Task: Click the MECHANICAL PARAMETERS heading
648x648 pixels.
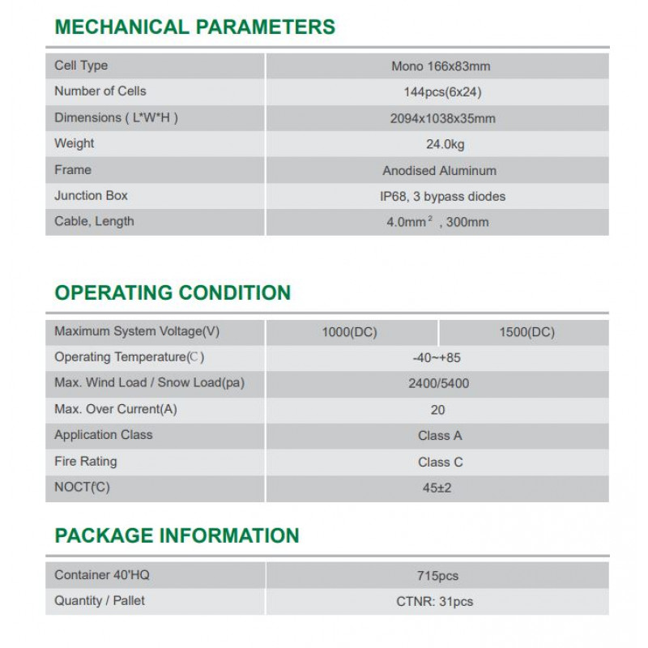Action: point(194,27)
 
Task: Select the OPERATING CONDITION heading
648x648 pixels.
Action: point(173,292)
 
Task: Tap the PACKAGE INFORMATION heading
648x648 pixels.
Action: point(177,535)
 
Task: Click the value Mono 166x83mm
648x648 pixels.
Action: point(441,66)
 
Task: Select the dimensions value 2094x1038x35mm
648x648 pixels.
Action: point(442,118)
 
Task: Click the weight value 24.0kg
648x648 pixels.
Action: point(439,144)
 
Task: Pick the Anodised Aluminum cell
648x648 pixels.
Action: point(440,171)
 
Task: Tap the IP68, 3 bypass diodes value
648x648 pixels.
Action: point(442,196)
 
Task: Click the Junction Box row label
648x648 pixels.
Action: point(91,195)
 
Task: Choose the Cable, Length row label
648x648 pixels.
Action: point(94,221)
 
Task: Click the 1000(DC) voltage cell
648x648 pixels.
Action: point(350,332)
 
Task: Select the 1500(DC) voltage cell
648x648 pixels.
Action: point(527,332)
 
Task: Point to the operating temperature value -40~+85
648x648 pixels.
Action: point(437,357)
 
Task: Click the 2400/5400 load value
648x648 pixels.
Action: point(438,384)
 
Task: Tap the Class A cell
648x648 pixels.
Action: point(440,436)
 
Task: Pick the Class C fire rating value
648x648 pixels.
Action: point(440,462)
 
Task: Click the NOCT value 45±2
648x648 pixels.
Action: point(438,488)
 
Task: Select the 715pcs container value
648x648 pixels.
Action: point(437,576)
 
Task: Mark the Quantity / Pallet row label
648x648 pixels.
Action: point(100,600)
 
